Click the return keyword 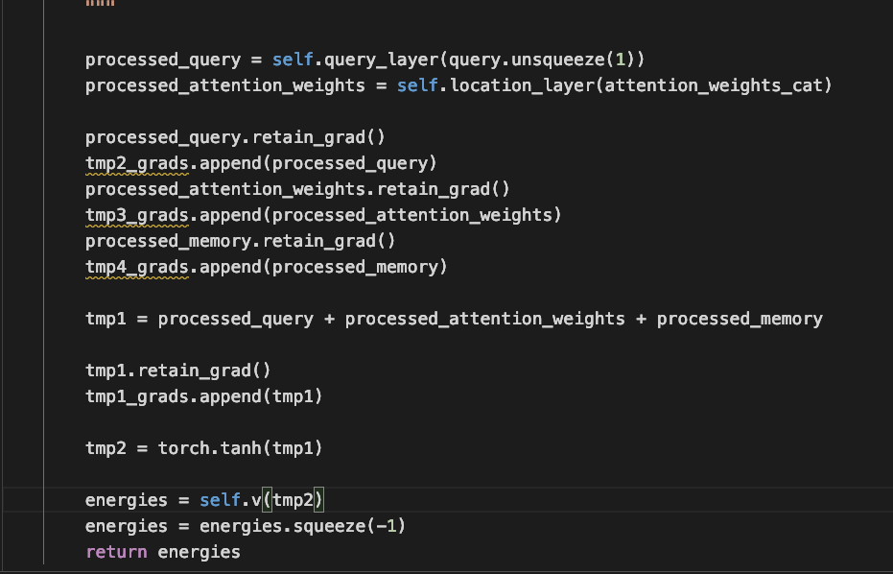click(x=116, y=552)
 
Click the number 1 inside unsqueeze click(x=620, y=60)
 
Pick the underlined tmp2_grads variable click(x=137, y=163)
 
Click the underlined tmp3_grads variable click(x=137, y=215)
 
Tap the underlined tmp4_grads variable click(x=137, y=267)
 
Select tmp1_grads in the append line click(x=137, y=396)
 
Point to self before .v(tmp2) click(x=220, y=500)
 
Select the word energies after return click(x=199, y=552)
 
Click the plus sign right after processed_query click(x=329, y=319)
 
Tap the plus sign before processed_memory click(x=641, y=319)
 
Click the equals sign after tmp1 click(x=142, y=319)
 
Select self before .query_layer click(x=293, y=60)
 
